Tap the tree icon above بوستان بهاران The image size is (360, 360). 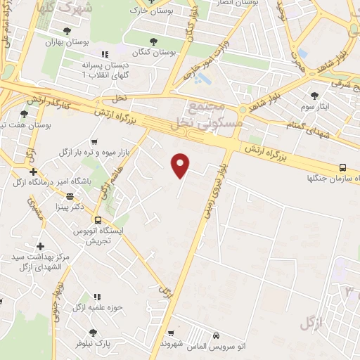67,31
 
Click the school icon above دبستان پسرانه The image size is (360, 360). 105,54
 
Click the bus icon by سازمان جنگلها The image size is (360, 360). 342,167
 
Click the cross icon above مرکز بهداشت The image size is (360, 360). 41,246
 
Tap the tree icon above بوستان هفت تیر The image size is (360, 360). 24,114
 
